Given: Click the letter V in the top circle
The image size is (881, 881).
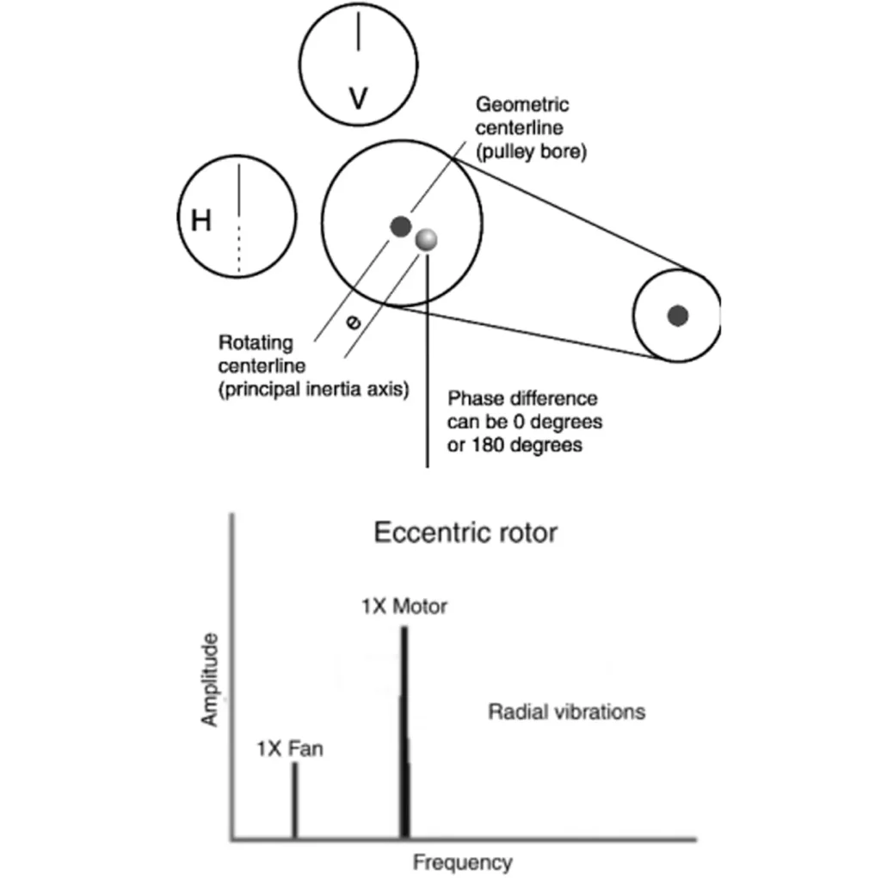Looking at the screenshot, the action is pos(358,98).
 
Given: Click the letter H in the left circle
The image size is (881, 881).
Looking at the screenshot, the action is pos(201,219).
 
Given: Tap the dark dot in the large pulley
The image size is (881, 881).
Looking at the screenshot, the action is pos(401,226).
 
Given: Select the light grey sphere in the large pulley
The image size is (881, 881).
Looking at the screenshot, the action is pos(427,240).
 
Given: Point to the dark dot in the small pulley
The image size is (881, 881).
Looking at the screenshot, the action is pos(678,316).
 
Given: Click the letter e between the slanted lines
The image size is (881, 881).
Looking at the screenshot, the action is pos(353,322).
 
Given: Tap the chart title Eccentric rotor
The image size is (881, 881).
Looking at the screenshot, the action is pos(465,533).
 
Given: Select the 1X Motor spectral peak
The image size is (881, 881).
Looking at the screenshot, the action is pos(404,733).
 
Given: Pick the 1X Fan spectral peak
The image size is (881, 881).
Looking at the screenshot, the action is pos(295,801).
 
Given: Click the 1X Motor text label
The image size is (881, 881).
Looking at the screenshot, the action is pos(404,607).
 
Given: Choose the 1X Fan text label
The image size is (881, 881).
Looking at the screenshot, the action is pos(290,749).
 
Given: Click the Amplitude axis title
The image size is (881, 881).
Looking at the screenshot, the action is pos(210,680).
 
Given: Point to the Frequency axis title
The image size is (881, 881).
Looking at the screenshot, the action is pos(463,862).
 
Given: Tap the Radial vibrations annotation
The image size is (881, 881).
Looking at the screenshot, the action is pos(567,712).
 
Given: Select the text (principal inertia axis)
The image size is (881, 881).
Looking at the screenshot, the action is pos(313,390).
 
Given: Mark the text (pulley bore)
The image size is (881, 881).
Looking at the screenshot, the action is pos(531,151).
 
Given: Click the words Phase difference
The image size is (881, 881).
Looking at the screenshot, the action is pos(522,398).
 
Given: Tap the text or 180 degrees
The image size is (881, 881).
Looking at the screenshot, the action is pos(514,445).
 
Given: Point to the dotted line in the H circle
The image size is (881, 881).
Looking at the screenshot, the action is pos(239,250).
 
